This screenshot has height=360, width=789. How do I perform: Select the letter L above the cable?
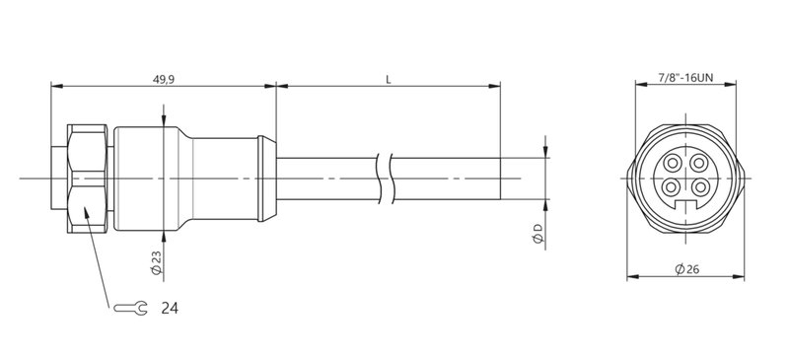point(389,80)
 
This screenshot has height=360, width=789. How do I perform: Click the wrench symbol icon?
point(131,309)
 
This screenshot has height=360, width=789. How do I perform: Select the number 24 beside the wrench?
point(169,309)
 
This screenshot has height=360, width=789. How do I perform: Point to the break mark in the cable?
point(389,178)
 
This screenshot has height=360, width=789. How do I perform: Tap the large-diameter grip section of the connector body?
point(148,178)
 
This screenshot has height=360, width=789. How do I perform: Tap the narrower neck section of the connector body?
point(222,178)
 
